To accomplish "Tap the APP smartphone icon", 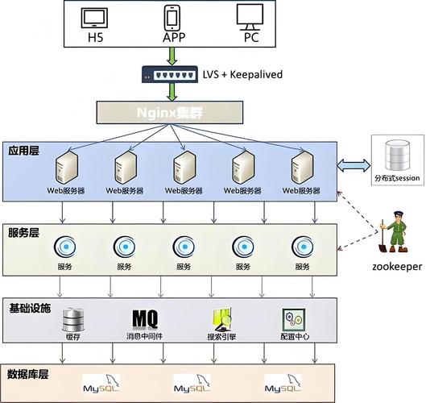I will click(x=172, y=17).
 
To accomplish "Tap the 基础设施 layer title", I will click(x=30, y=308).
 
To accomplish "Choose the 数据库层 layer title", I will click(x=30, y=374).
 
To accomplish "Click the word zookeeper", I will click(x=396, y=267).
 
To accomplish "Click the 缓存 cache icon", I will click(x=73, y=319).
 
